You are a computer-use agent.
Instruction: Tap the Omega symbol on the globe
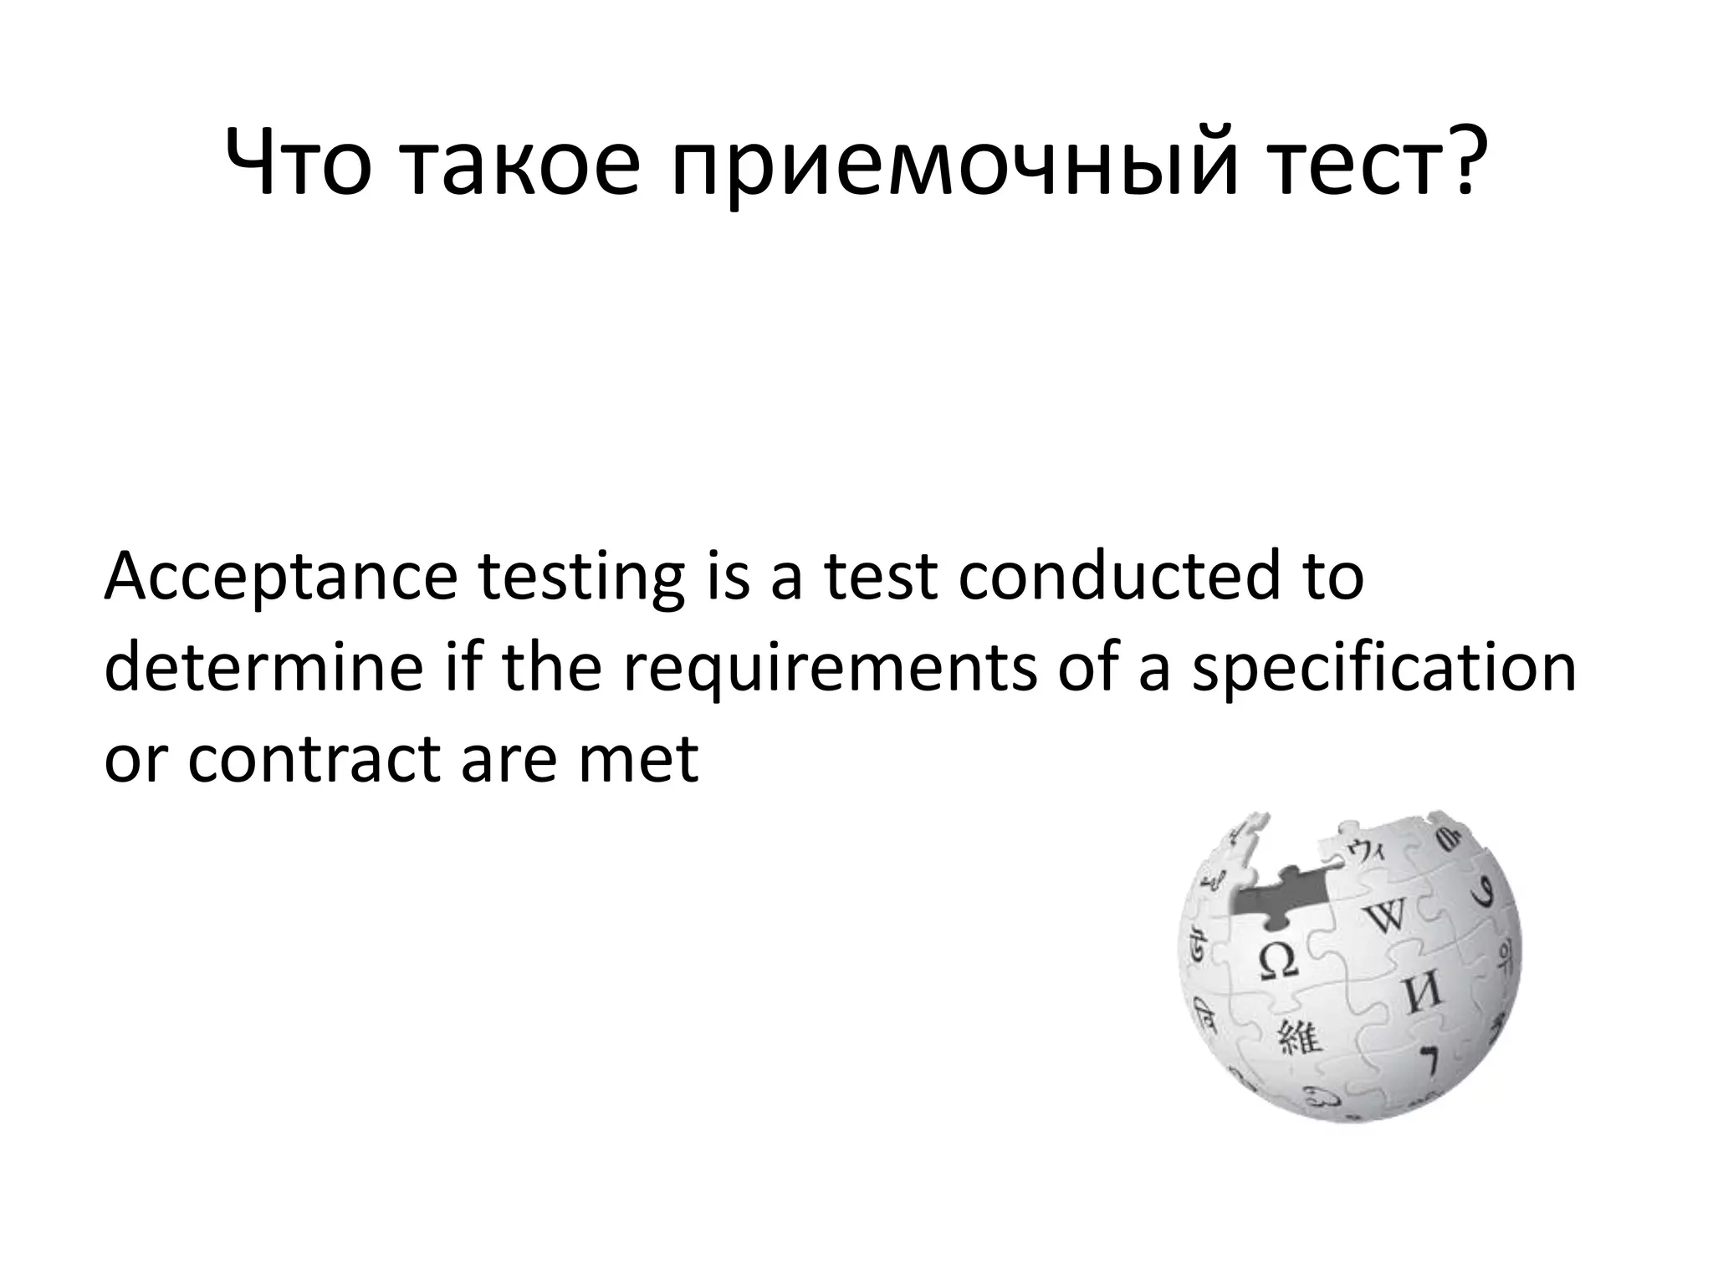click(1278, 961)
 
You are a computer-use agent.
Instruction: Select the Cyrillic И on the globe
click(1421, 993)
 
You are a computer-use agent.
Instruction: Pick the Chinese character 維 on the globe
click(1298, 1039)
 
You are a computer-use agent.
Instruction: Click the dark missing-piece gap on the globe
click(1280, 904)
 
